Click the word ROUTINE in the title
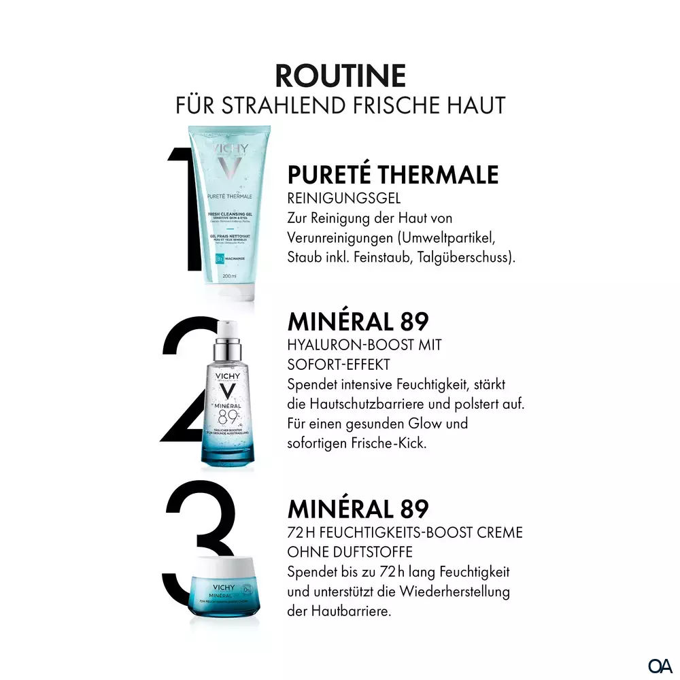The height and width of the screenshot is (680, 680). pyautogui.click(x=340, y=75)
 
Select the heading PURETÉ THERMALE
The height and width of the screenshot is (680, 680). pyautogui.click(x=393, y=175)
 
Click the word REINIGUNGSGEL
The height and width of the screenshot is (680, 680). pyautogui.click(x=343, y=198)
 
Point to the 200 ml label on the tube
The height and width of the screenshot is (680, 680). pyautogui.click(x=229, y=275)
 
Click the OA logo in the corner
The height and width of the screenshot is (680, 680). pyautogui.click(x=660, y=664)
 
